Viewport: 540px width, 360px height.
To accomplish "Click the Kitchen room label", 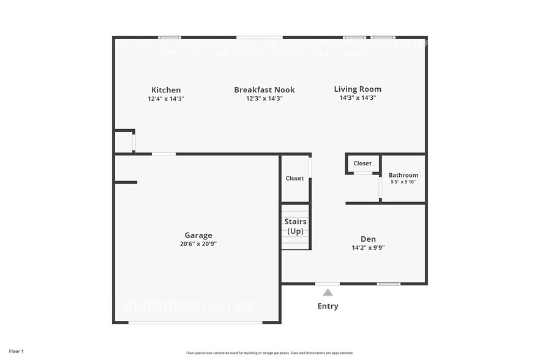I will [x=166, y=90].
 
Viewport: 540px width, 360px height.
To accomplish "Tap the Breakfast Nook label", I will [x=264, y=90].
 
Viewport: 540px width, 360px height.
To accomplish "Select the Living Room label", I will [x=358, y=89].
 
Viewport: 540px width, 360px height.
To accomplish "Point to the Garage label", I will [x=198, y=235].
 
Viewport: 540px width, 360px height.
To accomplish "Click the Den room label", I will [x=368, y=239].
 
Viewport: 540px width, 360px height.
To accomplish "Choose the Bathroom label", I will [x=403, y=175].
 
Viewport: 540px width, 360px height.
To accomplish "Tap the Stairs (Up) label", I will [x=296, y=226].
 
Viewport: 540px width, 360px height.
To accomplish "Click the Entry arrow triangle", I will [x=328, y=292].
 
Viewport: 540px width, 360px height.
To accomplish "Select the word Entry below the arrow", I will [x=328, y=306].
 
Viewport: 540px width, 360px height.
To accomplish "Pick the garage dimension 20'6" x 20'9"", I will [x=198, y=244].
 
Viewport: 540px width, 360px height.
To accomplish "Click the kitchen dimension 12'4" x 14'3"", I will [x=166, y=99].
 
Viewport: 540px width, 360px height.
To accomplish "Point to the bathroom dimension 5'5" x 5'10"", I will [x=403, y=182].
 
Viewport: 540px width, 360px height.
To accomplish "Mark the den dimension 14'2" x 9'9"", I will [x=368, y=248].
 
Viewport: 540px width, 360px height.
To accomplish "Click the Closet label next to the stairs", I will [x=294, y=178].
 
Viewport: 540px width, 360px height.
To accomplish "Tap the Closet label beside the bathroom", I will [x=362, y=163].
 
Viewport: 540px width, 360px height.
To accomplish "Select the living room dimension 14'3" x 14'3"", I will [x=358, y=98].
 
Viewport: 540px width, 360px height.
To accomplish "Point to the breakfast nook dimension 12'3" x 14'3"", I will [x=264, y=99].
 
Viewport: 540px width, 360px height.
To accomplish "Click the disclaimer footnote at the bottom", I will [x=269, y=353].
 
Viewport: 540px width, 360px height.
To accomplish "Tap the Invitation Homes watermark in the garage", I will [x=189, y=304].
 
